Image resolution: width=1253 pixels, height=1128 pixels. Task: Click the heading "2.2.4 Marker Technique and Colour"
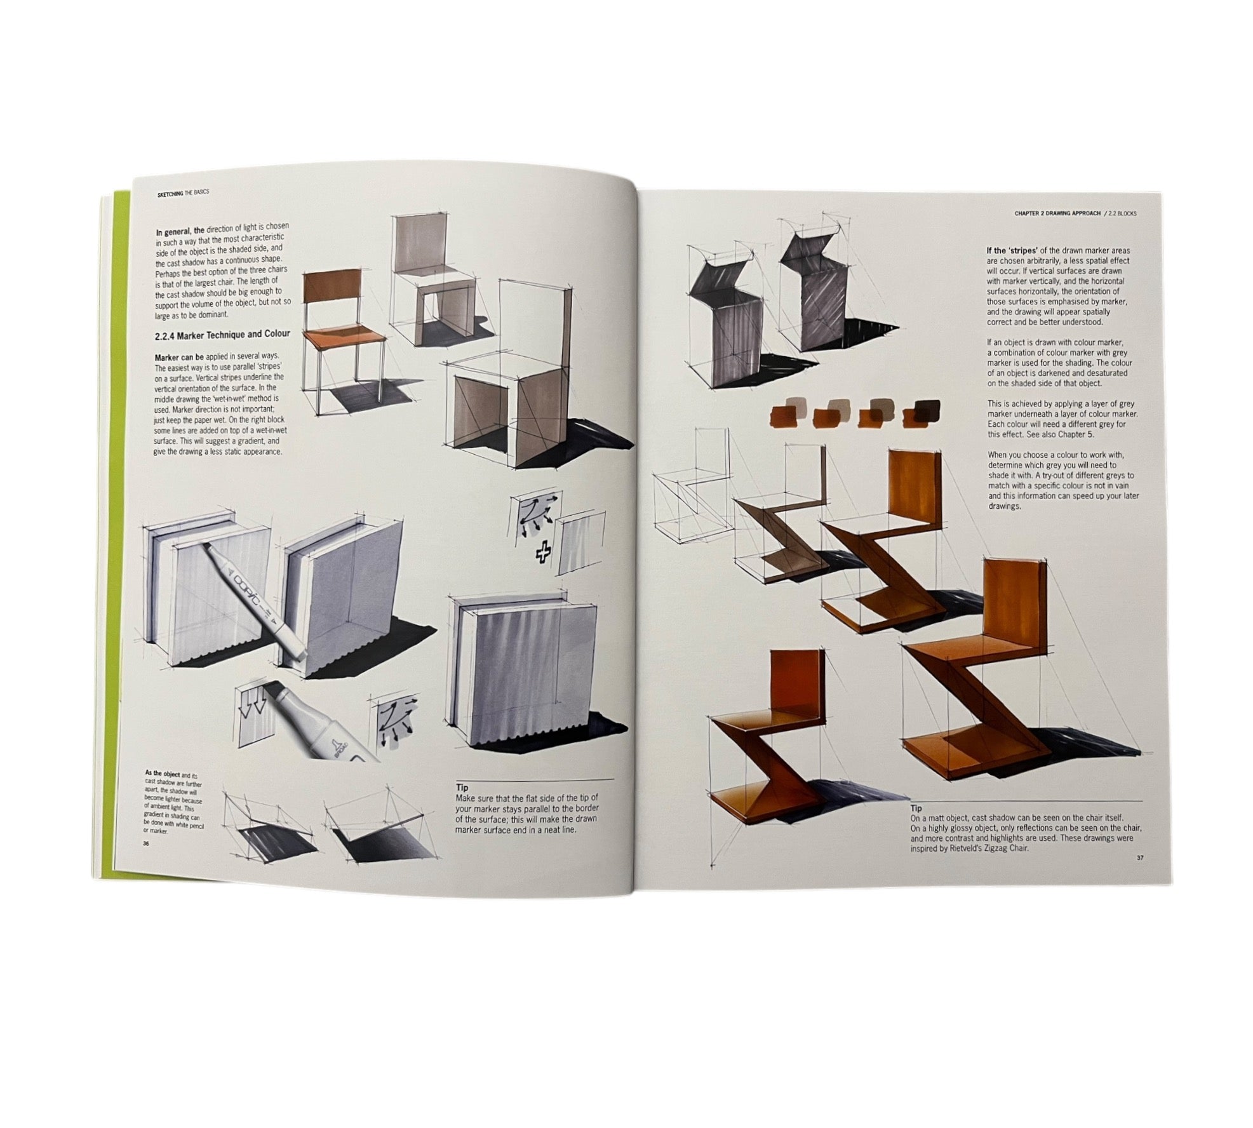click(x=222, y=333)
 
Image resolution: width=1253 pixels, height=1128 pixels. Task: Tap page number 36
click(x=145, y=843)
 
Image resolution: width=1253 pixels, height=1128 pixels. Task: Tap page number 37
click(x=1140, y=858)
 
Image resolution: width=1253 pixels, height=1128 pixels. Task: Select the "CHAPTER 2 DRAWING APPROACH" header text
click(x=1057, y=213)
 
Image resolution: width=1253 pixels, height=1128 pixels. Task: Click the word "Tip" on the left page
click(x=462, y=788)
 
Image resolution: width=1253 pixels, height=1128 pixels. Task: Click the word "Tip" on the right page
click(x=916, y=809)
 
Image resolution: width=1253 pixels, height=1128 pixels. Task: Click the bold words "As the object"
click(x=163, y=774)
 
